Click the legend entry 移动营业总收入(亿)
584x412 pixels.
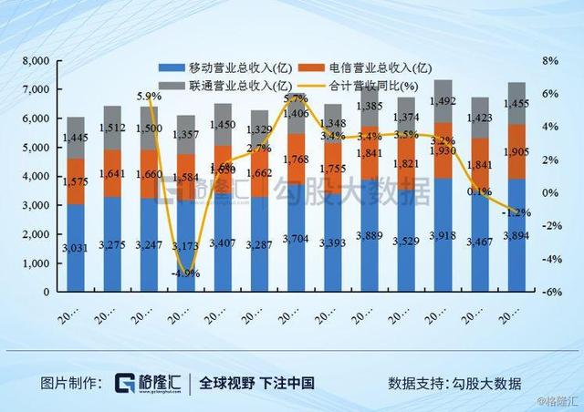pos(231,67)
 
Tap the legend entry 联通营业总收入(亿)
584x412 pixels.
pos(231,87)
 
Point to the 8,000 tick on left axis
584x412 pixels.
pos(34,61)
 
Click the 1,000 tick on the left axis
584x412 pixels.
pos(34,263)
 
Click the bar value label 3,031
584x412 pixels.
pos(76,247)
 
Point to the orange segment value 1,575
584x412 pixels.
pos(76,181)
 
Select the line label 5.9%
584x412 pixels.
pos(150,96)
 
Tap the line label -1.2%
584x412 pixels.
pos(516,212)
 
